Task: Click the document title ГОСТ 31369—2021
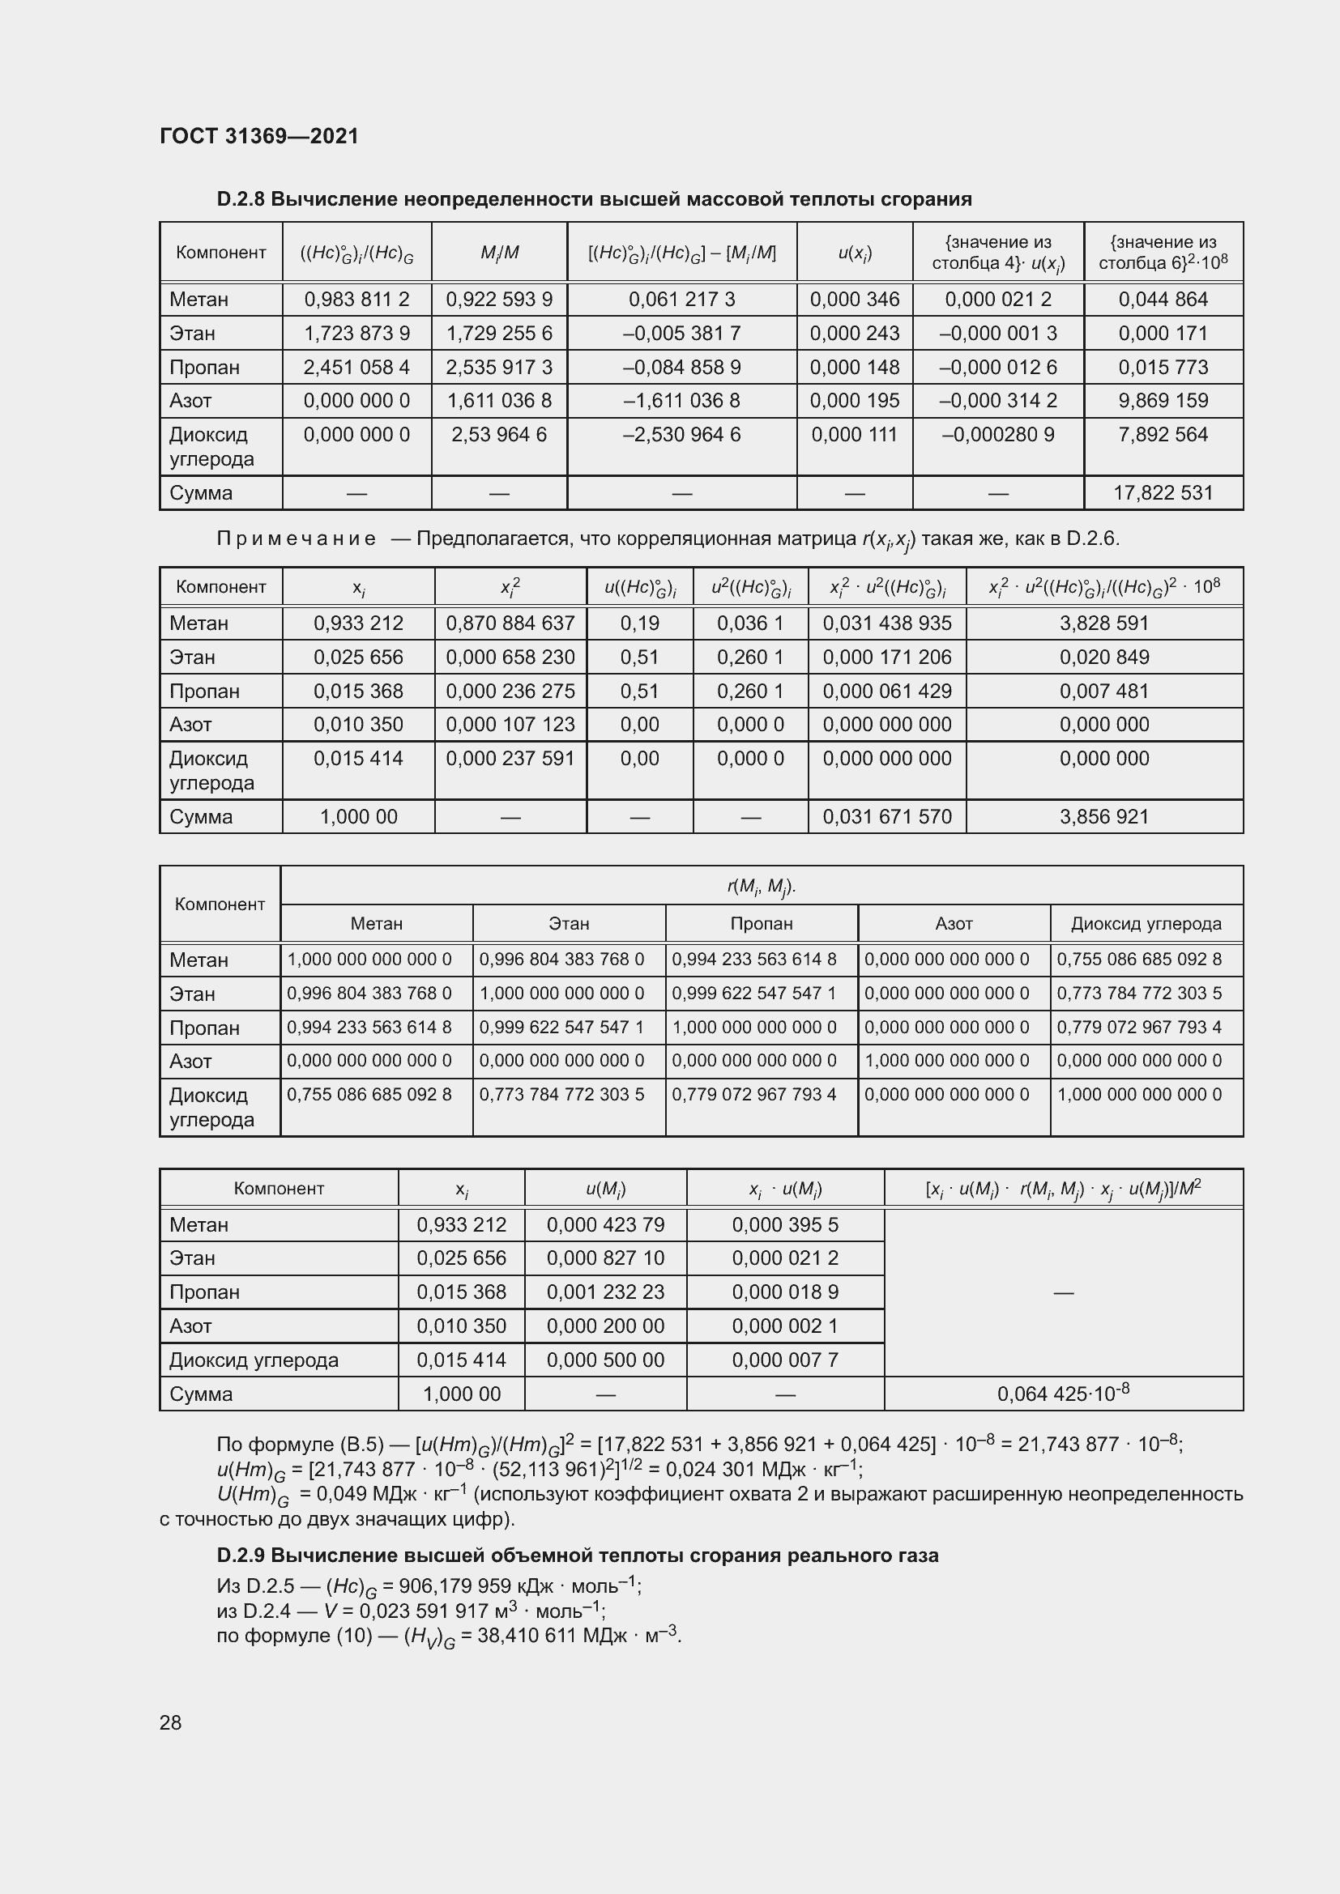(x=259, y=136)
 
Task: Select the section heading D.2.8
(x=593, y=199)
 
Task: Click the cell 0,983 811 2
(x=356, y=300)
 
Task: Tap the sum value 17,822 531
(x=1163, y=493)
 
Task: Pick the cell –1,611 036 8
(x=681, y=401)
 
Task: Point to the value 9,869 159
(x=1163, y=401)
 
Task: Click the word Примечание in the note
(x=296, y=538)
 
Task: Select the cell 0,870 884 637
(x=510, y=624)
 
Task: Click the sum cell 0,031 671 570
(x=887, y=817)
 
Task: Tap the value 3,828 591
(x=1104, y=624)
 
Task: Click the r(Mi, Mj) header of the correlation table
(x=761, y=886)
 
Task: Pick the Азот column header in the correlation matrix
(x=954, y=924)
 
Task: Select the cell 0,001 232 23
(x=605, y=1292)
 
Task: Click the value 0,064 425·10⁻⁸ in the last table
(x=1063, y=1394)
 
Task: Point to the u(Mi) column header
(x=605, y=1189)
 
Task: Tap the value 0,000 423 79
(x=605, y=1225)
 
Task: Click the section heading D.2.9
(x=577, y=1556)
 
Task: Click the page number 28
(x=171, y=1722)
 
